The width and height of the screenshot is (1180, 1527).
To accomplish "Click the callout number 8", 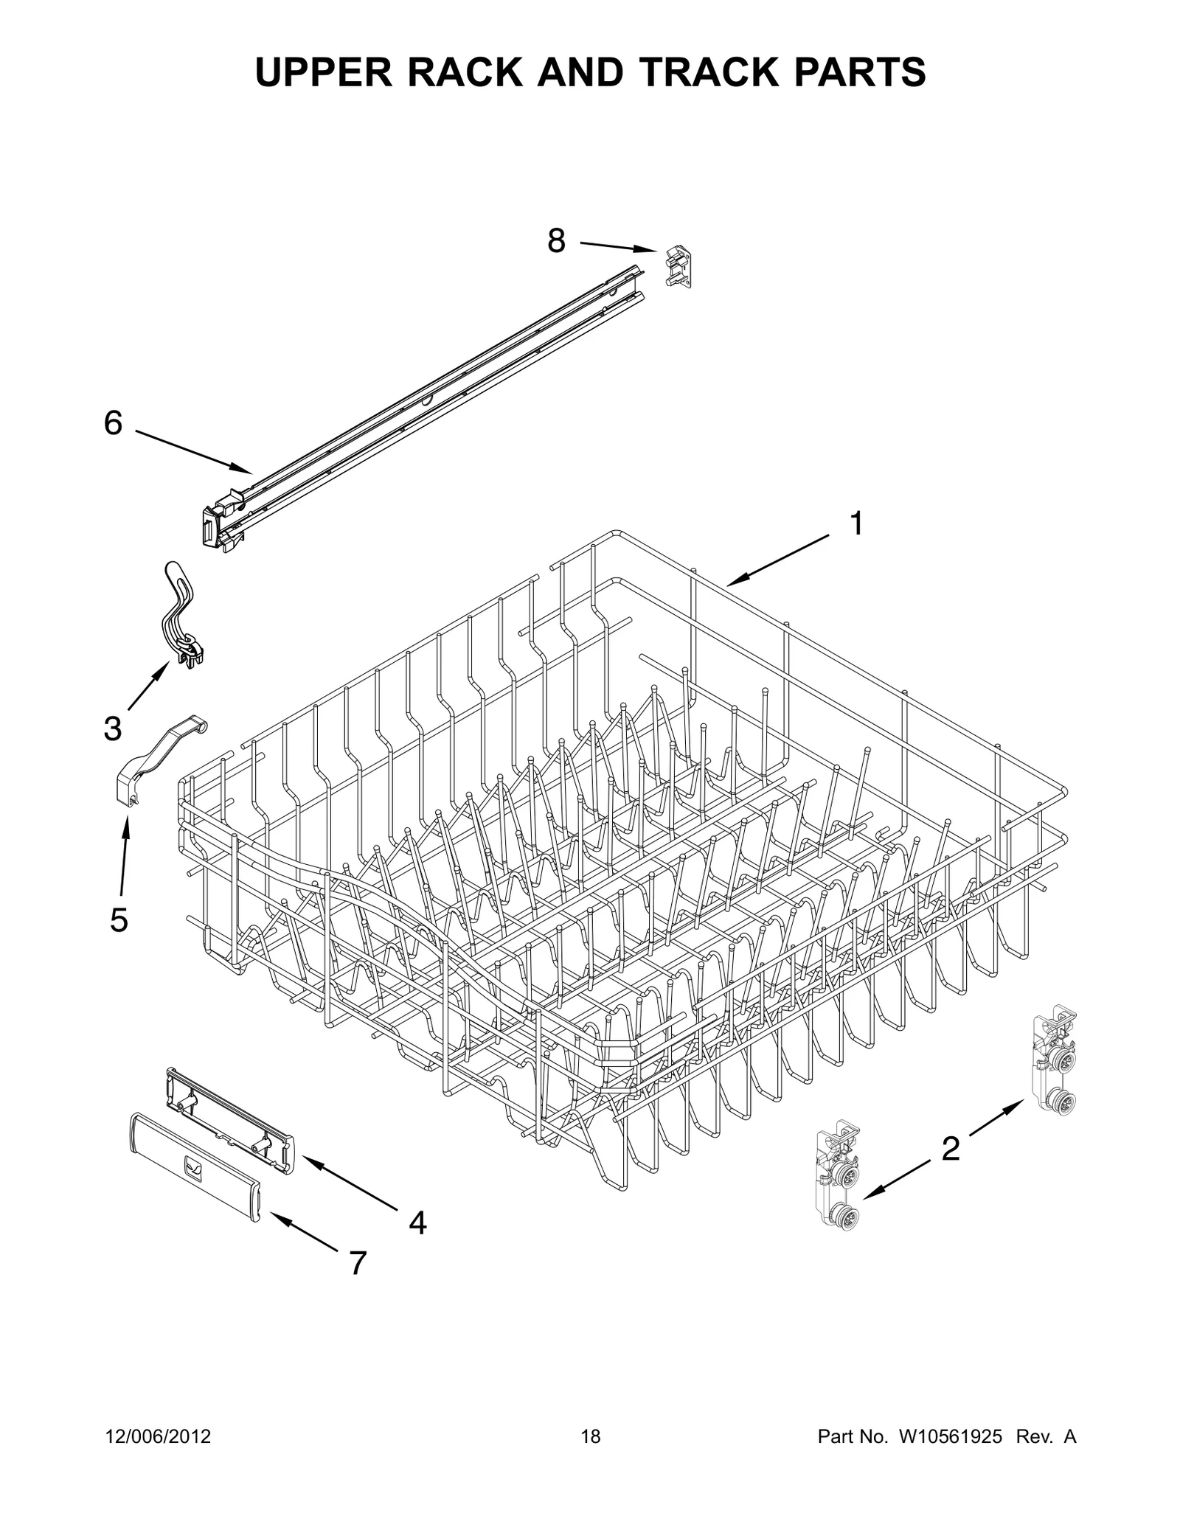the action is tap(556, 241).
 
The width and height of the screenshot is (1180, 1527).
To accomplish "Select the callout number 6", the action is tap(113, 423).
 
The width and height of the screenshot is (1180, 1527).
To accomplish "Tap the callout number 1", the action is tap(855, 524).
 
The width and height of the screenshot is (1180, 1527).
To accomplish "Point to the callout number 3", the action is tap(112, 728).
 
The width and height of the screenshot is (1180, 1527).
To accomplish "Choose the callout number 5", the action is tap(119, 919).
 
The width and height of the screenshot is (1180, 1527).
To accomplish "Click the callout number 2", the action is tap(951, 1149).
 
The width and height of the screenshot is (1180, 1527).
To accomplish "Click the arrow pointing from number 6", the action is tap(194, 452).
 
